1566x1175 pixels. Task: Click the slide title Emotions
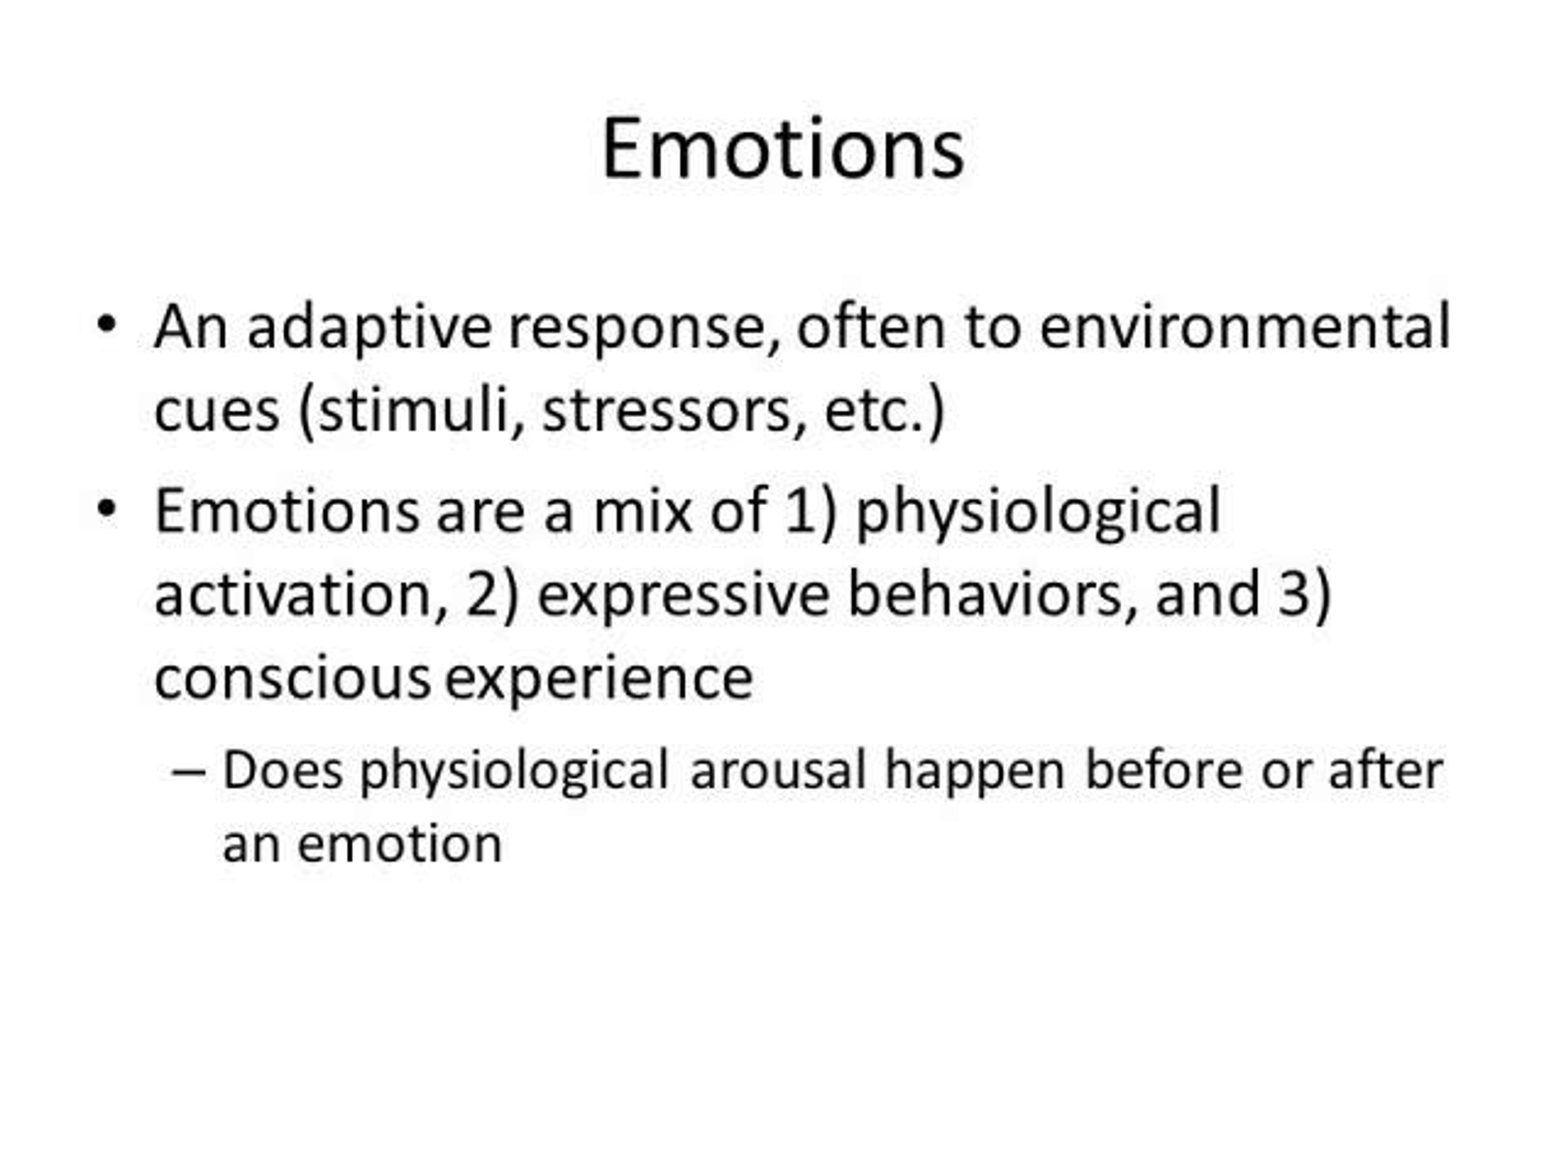click(782, 148)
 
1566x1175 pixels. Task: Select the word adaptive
click(369, 327)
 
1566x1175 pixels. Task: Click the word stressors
click(666, 411)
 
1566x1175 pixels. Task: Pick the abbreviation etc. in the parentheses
click(874, 411)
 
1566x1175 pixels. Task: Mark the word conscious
click(292, 678)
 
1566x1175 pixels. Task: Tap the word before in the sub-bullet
click(1164, 769)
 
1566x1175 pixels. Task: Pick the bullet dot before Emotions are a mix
click(106, 509)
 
